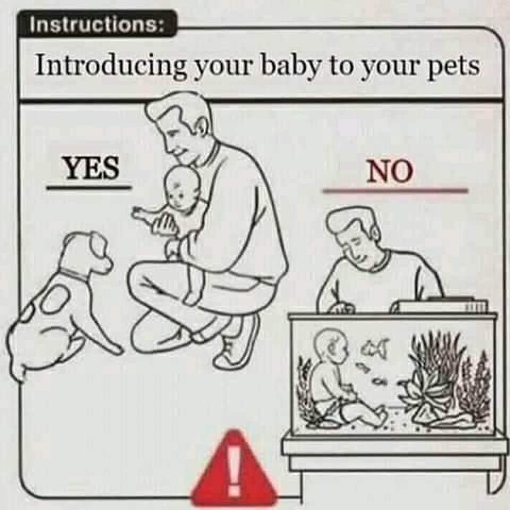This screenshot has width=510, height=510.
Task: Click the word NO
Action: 389,171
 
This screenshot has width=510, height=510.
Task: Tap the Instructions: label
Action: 97,24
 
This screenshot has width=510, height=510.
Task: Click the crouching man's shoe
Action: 237,342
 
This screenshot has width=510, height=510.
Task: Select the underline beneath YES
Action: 89,188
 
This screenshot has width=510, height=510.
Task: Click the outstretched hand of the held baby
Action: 142,212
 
